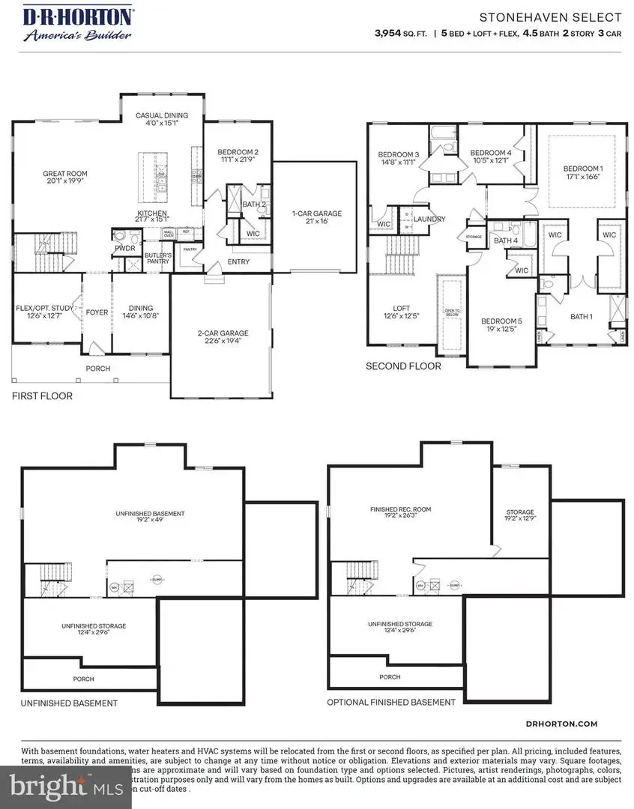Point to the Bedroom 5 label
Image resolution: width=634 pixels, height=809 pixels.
pos(502,325)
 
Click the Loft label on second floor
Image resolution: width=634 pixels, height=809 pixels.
pos(402,312)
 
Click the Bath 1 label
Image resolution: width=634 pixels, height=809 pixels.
pos(581,317)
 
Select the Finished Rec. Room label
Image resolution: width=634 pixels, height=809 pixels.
pos(401,513)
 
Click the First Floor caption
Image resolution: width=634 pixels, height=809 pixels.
pos(42,396)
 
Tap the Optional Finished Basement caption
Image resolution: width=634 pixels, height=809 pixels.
pos(390,703)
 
